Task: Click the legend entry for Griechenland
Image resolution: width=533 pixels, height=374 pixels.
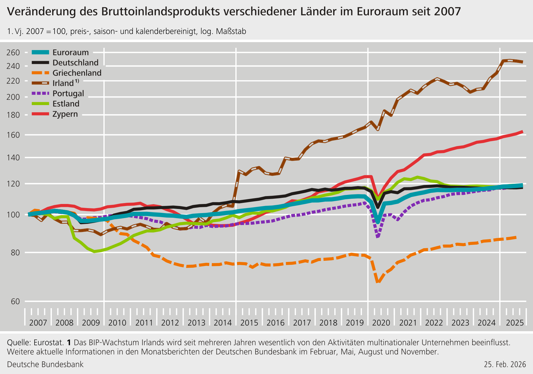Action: pyautogui.click(x=77, y=73)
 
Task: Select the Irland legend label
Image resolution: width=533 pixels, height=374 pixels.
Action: pyautogui.click(x=63, y=83)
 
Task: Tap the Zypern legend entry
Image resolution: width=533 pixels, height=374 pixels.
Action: pyautogui.click(x=65, y=114)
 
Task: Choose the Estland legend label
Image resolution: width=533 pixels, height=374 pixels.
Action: pyautogui.click(x=66, y=104)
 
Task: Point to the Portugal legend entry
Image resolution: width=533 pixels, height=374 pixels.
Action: pyautogui.click(x=68, y=94)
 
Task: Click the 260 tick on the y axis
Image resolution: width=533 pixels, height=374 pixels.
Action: pyautogui.click(x=13, y=53)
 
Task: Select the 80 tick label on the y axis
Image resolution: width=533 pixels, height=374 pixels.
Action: pyautogui.click(x=15, y=253)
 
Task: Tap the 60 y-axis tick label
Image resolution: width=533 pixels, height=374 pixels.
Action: pyautogui.click(x=15, y=301)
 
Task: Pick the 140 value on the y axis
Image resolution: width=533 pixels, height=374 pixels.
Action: pyautogui.click(x=13, y=158)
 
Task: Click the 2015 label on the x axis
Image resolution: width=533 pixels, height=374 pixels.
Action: pyautogui.click(x=249, y=323)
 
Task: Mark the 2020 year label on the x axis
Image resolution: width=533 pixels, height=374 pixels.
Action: pyautogui.click(x=381, y=323)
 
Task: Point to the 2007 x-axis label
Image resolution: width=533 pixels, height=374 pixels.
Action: pyautogui.click(x=38, y=323)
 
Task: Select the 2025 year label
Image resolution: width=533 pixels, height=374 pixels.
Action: pyautogui.click(x=515, y=323)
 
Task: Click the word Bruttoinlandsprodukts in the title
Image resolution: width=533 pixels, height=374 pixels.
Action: pyautogui.click(x=160, y=12)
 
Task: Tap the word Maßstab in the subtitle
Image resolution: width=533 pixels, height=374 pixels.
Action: pyautogui.click(x=231, y=31)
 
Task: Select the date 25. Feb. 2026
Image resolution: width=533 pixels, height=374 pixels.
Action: pyautogui.click(x=505, y=365)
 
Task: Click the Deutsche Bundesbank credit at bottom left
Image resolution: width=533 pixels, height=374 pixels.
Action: pyautogui.click(x=45, y=365)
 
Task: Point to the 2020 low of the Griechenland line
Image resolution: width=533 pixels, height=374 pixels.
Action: pyautogui.click(x=378, y=282)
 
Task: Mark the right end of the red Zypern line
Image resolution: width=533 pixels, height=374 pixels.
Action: pyautogui.click(x=522, y=132)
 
